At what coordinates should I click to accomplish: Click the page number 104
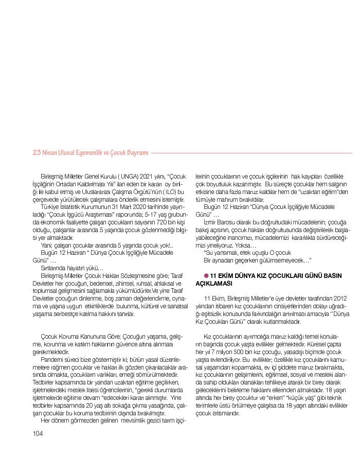click(37, 433)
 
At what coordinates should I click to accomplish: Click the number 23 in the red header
click(36, 153)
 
